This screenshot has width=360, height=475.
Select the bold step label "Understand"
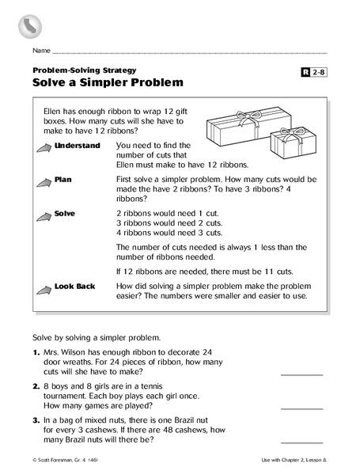(x=78, y=147)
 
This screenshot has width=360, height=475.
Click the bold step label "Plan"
(x=64, y=180)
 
